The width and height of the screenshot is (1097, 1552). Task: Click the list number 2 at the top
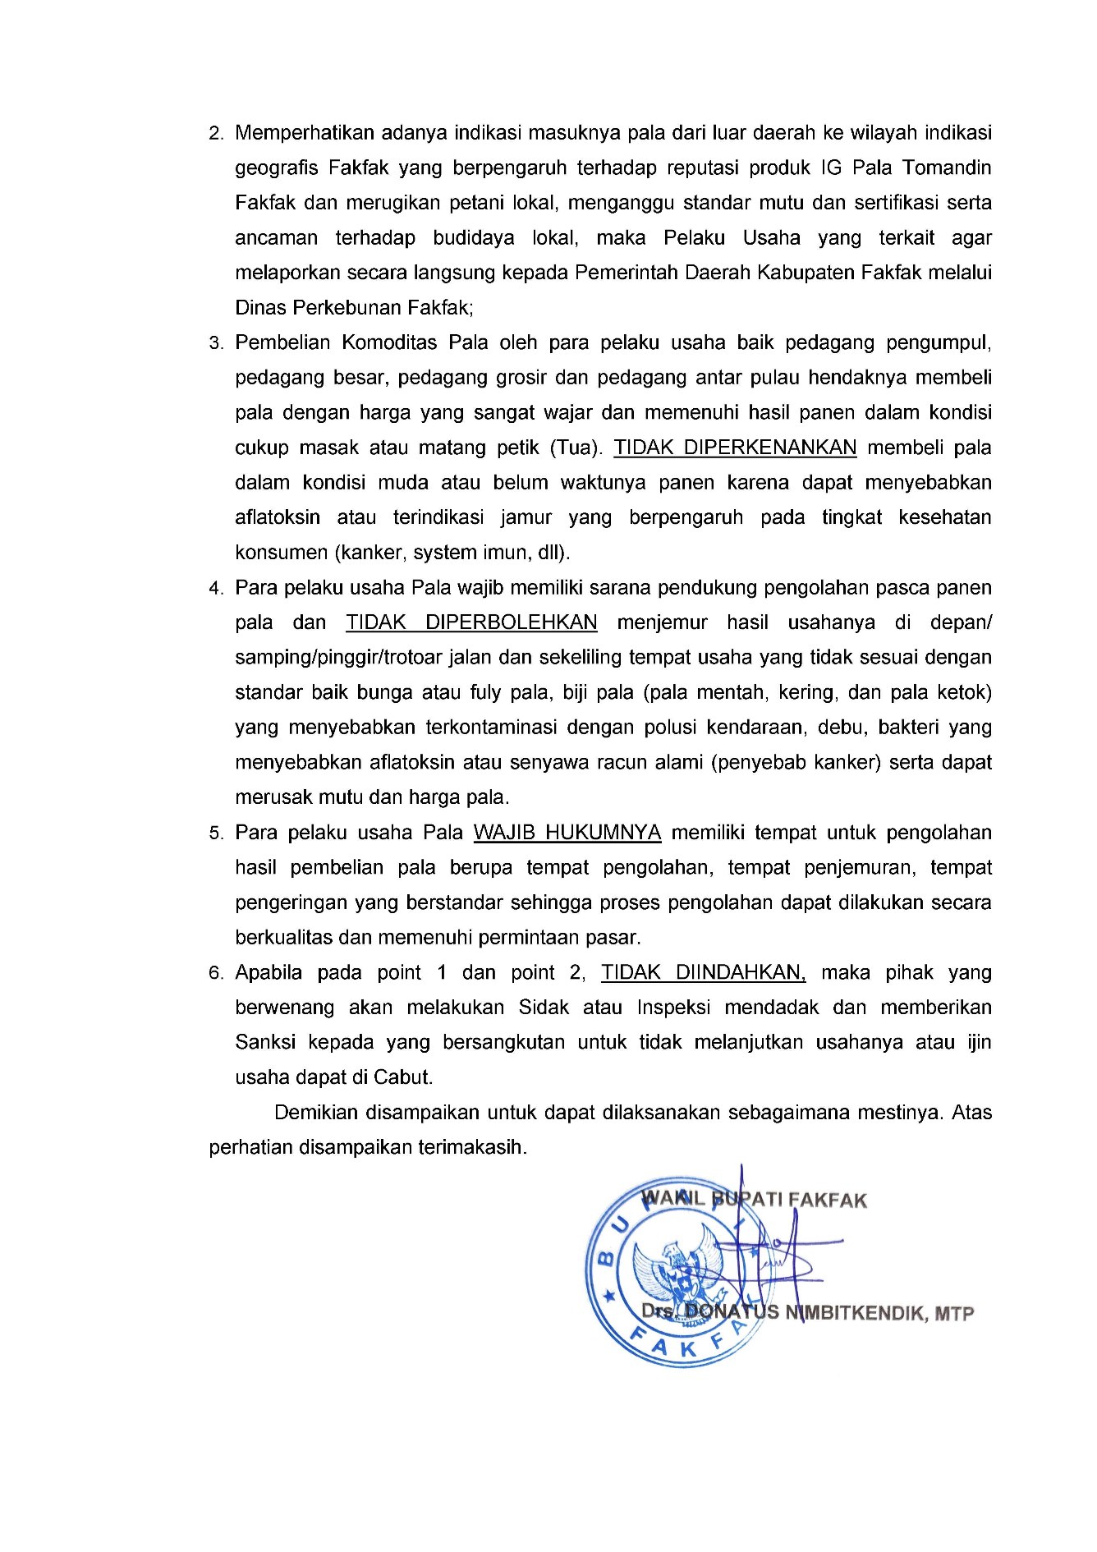coord(216,134)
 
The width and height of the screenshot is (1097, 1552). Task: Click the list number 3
coord(216,343)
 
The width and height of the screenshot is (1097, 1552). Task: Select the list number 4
coord(216,589)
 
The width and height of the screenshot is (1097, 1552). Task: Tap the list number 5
coord(216,833)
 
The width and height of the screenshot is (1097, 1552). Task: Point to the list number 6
coord(216,974)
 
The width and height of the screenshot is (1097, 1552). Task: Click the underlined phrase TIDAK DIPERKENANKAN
coord(735,448)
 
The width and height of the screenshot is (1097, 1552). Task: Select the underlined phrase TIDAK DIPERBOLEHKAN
coord(471,622)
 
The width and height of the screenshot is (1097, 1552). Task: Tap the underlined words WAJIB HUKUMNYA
coord(567,833)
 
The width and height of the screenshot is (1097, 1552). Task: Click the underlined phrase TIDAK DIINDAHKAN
coord(703,972)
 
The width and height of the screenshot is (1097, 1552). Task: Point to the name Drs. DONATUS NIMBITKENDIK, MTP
coord(807,1312)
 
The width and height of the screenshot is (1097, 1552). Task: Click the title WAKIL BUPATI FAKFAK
coord(754,1200)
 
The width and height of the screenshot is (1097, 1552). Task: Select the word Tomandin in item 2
coord(947,168)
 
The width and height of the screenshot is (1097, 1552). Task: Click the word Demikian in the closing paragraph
coord(316,1113)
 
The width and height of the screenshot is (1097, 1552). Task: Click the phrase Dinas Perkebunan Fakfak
coord(354,308)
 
